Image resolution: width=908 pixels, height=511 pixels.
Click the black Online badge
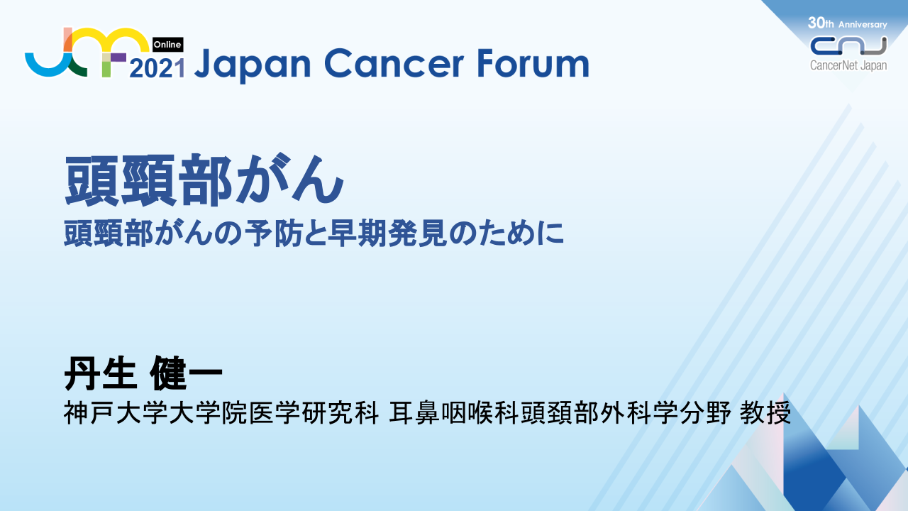click(x=167, y=44)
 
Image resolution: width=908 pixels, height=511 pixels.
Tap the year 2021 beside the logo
click(x=157, y=68)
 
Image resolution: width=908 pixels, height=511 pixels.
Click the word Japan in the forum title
click(x=252, y=64)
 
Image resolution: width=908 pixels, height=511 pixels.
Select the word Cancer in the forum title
click(x=393, y=63)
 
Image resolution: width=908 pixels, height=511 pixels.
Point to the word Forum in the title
click(x=533, y=63)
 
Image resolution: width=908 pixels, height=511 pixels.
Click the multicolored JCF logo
click(x=87, y=52)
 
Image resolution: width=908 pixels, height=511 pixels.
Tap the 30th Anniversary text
click(x=847, y=23)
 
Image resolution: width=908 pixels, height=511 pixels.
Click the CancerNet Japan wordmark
click(x=848, y=65)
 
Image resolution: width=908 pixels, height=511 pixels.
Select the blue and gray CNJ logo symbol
click(x=848, y=45)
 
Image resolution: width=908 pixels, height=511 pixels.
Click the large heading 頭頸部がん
click(x=204, y=180)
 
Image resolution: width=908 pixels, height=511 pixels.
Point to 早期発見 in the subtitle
click(x=387, y=233)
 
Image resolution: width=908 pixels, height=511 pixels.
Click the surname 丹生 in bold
click(x=100, y=373)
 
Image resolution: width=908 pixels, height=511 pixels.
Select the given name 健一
click(x=186, y=373)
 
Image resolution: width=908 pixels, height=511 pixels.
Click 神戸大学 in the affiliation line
click(x=115, y=413)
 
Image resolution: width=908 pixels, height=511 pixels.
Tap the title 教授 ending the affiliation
click(x=765, y=413)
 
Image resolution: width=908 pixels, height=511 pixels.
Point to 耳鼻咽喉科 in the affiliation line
click(x=454, y=413)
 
